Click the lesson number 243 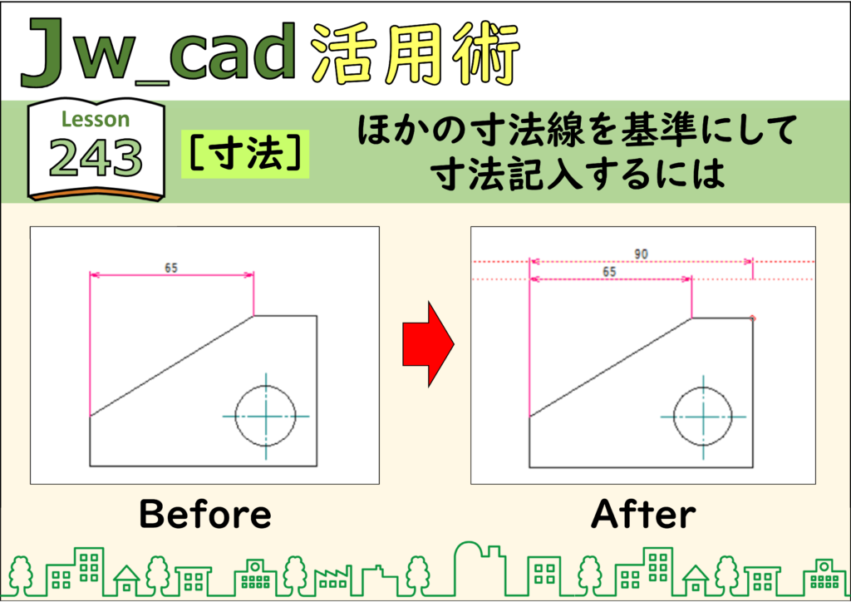point(96,157)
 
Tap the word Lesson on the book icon point(96,119)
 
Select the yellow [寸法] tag point(245,154)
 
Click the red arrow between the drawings point(428,344)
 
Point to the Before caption point(205,514)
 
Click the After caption point(643,514)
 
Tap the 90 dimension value point(641,254)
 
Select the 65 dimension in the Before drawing point(171,268)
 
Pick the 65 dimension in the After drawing point(609,271)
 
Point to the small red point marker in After point(752,318)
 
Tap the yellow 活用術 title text point(416,53)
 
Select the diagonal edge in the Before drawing point(171,365)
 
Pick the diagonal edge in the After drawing point(611,368)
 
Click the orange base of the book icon point(96,193)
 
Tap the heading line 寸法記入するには point(578,174)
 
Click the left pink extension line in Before point(90,343)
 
